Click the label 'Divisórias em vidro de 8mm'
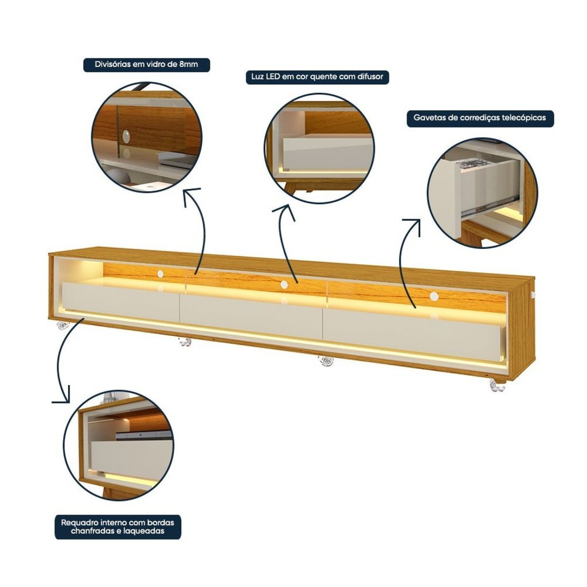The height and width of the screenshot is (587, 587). coord(146,64)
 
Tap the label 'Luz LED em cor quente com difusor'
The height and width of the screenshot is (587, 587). coord(317,77)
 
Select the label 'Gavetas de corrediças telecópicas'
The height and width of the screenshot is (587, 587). coord(480,118)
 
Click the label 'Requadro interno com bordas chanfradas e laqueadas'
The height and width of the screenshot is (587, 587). coord(118,527)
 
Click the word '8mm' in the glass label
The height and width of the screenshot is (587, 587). coord(188,64)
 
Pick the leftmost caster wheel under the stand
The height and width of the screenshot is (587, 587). coord(62,326)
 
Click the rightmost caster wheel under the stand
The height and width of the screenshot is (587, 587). coord(497,386)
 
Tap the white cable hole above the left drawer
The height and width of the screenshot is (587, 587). coord(161,274)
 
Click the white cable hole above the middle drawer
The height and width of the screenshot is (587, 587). coord(284,285)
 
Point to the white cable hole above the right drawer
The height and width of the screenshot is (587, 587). coord(434,296)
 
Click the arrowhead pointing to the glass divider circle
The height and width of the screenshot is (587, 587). coord(191,196)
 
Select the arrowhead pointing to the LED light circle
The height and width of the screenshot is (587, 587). coord(285,212)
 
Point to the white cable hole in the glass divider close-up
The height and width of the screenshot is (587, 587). coord(126,136)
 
